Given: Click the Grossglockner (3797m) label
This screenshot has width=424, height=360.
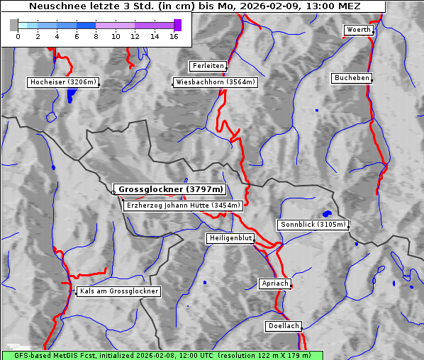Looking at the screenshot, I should click(170, 190).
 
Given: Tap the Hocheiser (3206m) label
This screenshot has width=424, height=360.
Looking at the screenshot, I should click(62, 82).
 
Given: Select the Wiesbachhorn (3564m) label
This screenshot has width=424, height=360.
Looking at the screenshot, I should click(216, 82).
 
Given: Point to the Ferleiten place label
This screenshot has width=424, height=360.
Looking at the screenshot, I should click(208, 66).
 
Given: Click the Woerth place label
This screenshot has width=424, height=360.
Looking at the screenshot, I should click(358, 30).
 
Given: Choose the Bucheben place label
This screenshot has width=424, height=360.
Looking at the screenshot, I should click(352, 78).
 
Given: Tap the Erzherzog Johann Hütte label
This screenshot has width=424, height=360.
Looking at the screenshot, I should click(183, 206).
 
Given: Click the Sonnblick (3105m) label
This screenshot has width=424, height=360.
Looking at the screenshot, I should click(313, 225).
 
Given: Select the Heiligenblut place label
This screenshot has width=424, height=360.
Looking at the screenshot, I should click(230, 238).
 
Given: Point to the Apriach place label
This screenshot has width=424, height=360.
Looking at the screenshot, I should click(274, 283).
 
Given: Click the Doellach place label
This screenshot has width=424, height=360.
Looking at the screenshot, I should click(284, 327).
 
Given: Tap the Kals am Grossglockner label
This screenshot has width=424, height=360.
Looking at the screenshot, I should click(118, 291).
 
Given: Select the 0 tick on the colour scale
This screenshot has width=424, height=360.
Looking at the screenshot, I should click(18, 35).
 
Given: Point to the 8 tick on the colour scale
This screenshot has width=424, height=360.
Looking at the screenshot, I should click(96, 35).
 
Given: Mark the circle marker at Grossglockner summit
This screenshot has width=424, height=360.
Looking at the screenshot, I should click(113, 192).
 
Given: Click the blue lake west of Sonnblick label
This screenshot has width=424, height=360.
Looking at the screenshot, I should click(327, 213).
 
